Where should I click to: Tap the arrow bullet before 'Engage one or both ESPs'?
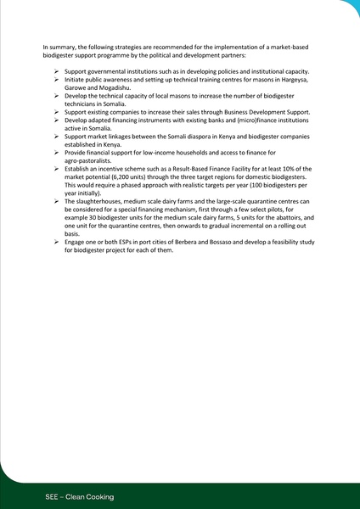54,243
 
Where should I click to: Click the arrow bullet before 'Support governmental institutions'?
54,70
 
